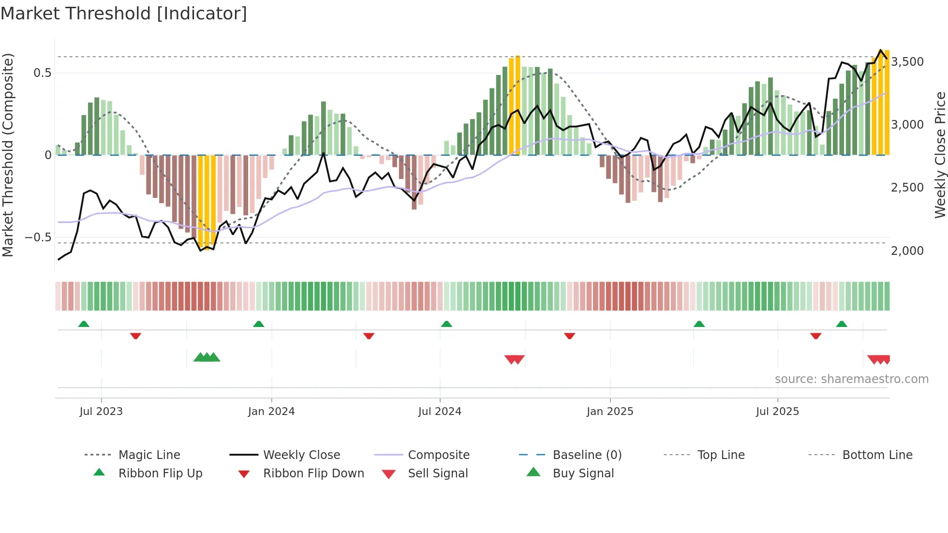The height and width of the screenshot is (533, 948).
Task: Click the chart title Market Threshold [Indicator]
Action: (124, 14)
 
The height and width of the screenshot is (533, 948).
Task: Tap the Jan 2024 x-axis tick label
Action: (271, 412)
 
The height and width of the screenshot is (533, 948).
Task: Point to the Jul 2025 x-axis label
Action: (777, 412)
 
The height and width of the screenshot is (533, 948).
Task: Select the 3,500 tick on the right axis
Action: (907, 62)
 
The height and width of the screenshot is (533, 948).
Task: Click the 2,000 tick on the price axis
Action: (907, 251)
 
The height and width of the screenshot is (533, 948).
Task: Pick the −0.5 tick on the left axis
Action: (38, 237)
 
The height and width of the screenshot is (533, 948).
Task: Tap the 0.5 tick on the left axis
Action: (42, 73)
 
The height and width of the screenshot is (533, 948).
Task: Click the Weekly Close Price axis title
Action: (940, 155)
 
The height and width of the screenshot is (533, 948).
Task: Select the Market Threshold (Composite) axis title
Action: (8, 155)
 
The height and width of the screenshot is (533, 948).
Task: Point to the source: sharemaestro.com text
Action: (851, 379)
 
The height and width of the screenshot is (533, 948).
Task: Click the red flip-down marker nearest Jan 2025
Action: (569, 336)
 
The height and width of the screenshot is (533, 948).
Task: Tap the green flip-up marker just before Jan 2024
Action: (258, 324)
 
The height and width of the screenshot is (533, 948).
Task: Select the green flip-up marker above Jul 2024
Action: (446, 324)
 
